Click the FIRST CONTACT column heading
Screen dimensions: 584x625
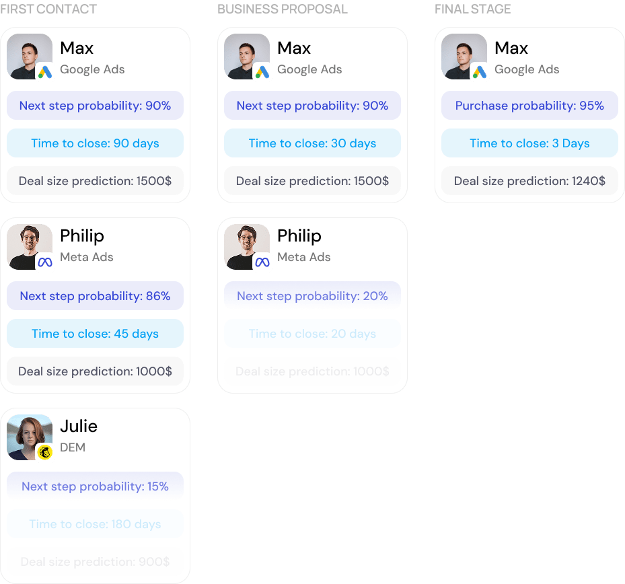[x=48, y=9]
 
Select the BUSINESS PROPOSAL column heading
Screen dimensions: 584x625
[x=283, y=9]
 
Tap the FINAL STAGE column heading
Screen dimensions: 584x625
[x=473, y=9]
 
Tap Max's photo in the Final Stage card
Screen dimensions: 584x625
[x=464, y=56]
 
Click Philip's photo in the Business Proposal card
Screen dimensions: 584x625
[x=246, y=246]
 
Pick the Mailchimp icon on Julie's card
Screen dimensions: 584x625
[x=45, y=452]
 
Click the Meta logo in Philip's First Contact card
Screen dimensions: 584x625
[x=45, y=262]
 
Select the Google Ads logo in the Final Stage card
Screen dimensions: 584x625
[x=480, y=72]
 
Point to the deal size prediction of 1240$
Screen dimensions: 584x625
[x=529, y=181]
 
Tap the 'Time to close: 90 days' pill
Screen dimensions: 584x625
[x=95, y=143]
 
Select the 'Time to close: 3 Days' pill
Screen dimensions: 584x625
[x=529, y=143]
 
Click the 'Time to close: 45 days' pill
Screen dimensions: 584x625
[x=95, y=334]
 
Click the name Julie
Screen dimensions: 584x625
[x=79, y=427]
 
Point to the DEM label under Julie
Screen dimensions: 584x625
[x=73, y=447]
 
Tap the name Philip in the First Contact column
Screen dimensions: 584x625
[x=82, y=236]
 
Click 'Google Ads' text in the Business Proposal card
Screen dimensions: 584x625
[x=309, y=69]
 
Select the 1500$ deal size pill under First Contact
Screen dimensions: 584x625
[x=95, y=181]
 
